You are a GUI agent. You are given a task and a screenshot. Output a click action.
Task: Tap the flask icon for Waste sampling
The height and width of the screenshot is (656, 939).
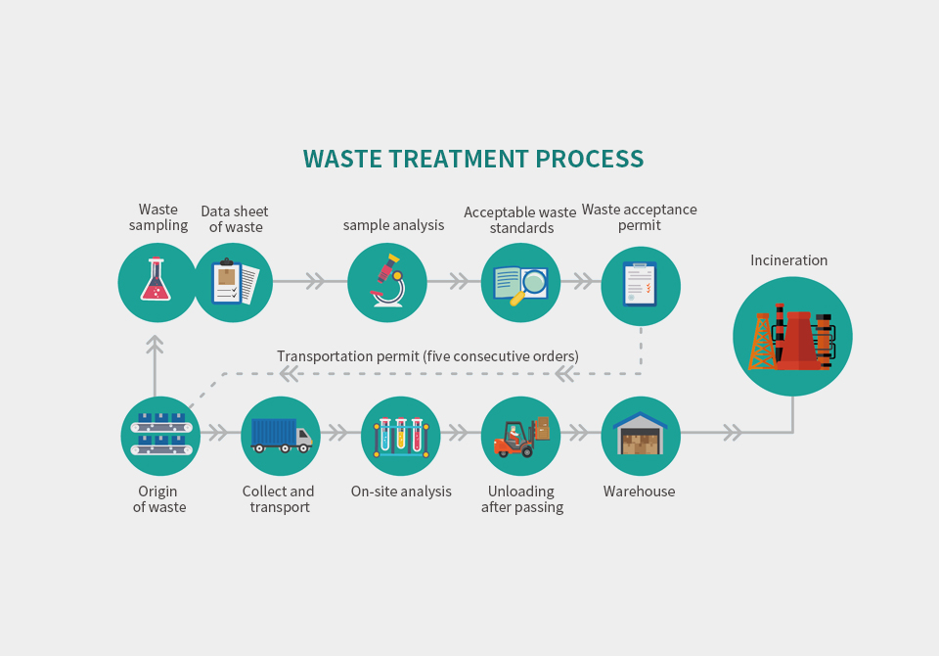(156, 282)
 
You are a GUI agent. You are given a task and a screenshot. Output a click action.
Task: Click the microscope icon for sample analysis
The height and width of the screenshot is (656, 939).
(387, 282)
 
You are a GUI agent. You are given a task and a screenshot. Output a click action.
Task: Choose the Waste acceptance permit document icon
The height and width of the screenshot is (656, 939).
(640, 285)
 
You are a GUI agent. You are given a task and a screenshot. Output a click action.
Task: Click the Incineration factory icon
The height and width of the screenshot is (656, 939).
(792, 336)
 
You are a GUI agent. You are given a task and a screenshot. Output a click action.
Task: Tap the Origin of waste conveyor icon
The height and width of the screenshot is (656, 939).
(160, 436)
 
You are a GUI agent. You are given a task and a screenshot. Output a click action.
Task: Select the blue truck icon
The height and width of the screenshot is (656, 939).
(281, 436)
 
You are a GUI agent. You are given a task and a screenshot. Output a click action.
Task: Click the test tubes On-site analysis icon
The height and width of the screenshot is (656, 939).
(400, 436)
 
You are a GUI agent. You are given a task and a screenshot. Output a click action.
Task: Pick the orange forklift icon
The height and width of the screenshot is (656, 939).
(520, 436)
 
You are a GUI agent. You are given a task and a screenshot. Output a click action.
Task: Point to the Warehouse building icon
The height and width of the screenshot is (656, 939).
(640, 436)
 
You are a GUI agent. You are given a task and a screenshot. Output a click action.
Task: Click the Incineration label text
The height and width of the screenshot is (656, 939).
(788, 260)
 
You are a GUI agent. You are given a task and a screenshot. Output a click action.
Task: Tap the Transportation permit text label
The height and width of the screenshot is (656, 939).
(427, 356)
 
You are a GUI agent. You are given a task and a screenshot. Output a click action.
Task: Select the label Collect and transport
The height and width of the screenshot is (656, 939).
(279, 499)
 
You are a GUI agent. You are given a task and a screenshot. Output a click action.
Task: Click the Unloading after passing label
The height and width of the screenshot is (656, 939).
(522, 499)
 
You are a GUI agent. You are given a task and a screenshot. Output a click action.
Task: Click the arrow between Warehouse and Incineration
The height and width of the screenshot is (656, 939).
(731, 432)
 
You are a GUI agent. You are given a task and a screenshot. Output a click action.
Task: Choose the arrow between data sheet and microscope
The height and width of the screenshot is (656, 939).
(314, 282)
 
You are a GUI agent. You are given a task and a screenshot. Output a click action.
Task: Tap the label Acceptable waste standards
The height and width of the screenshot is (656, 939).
(519, 220)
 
